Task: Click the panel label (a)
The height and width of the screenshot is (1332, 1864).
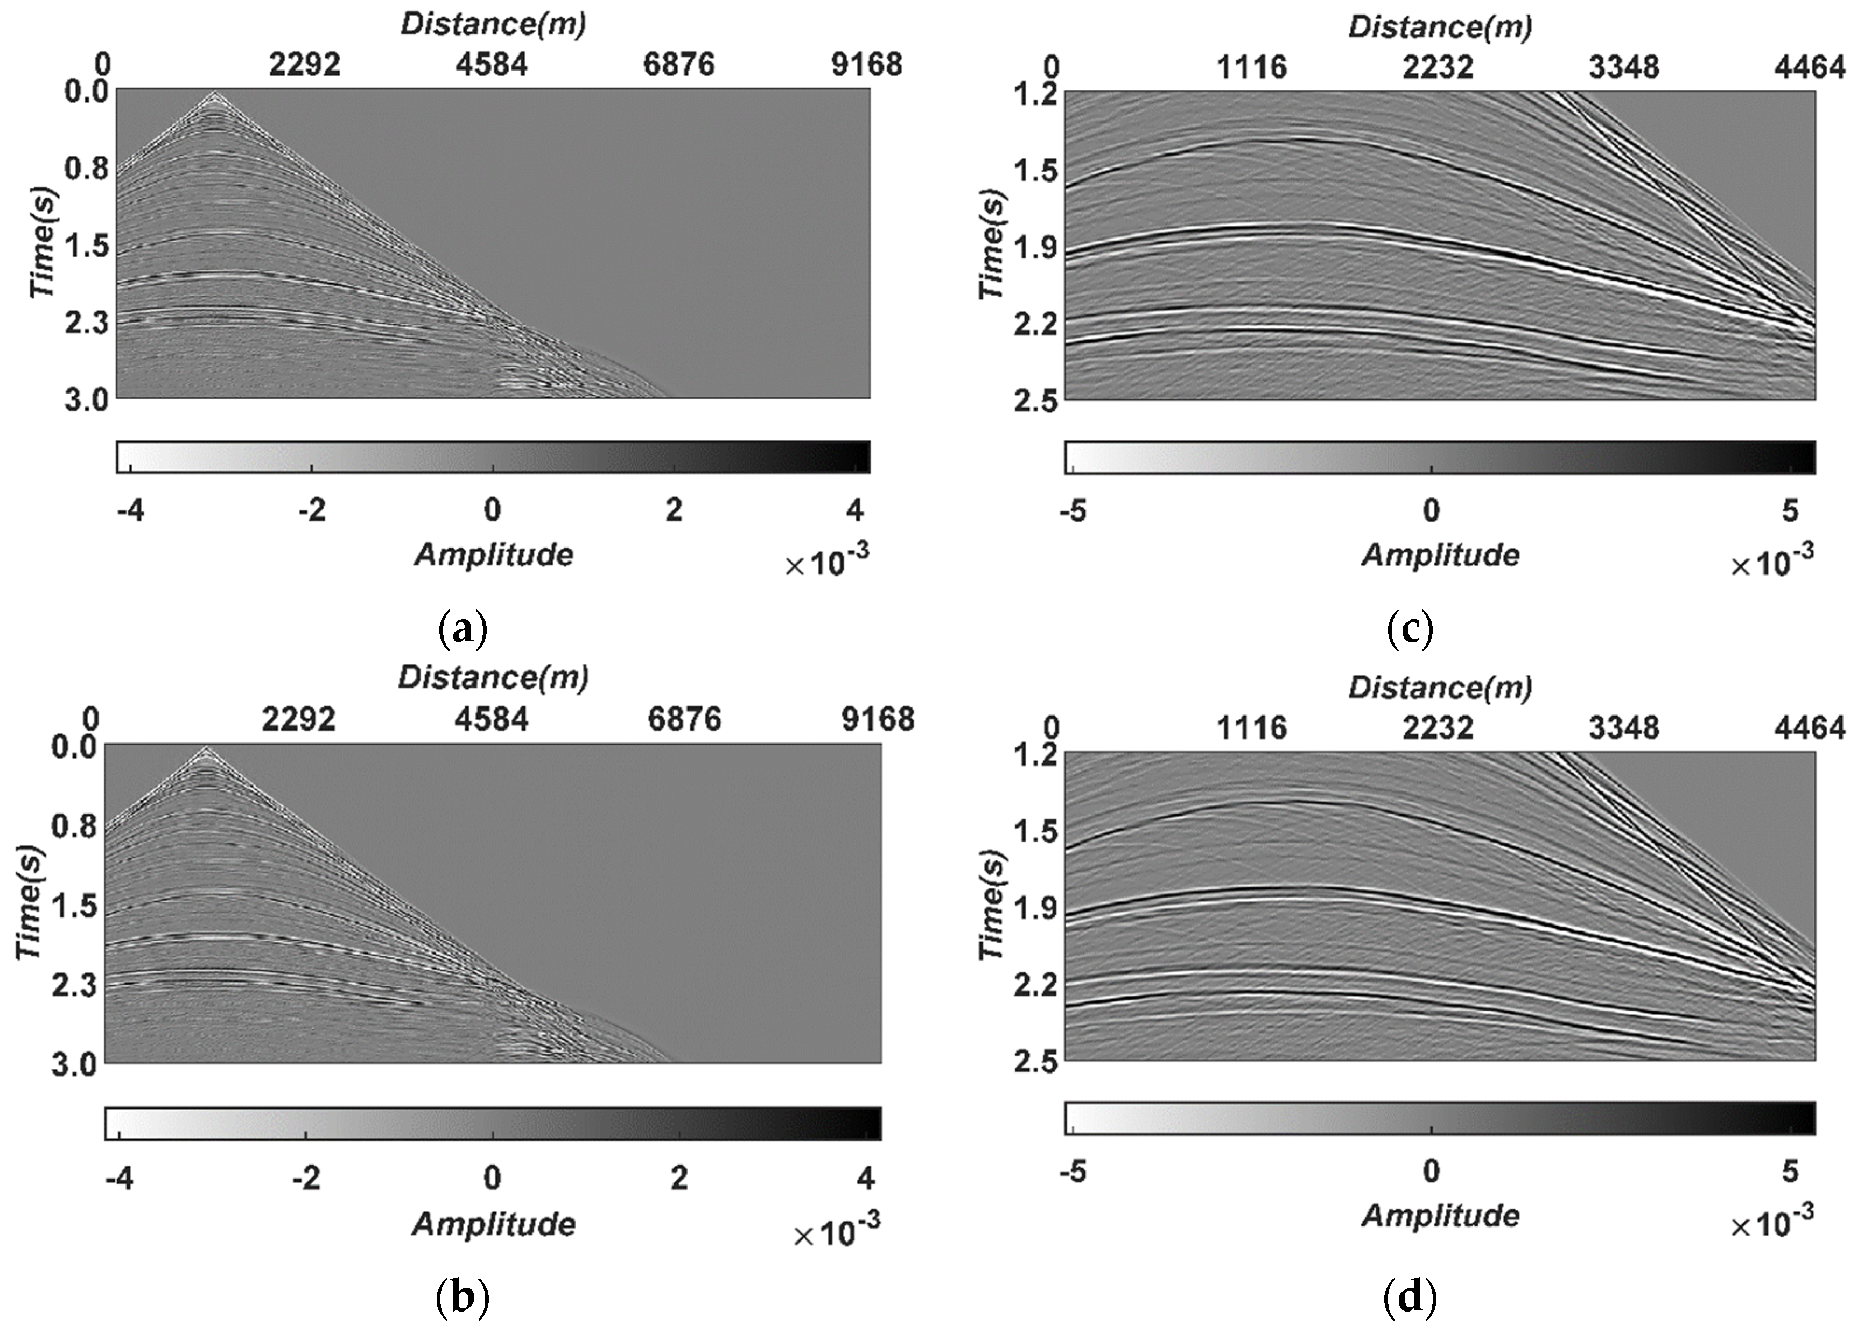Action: pos(464,630)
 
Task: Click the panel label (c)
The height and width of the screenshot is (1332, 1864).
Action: pos(1409,630)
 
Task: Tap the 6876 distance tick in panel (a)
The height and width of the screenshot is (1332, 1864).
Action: pos(679,65)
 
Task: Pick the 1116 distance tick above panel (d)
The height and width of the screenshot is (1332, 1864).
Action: pos(1251,727)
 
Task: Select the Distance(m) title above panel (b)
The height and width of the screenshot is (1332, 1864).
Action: pos(494,677)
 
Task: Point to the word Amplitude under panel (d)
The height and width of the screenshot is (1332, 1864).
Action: pos(1440,1215)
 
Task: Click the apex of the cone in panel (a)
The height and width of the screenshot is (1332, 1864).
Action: pos(215,94)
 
